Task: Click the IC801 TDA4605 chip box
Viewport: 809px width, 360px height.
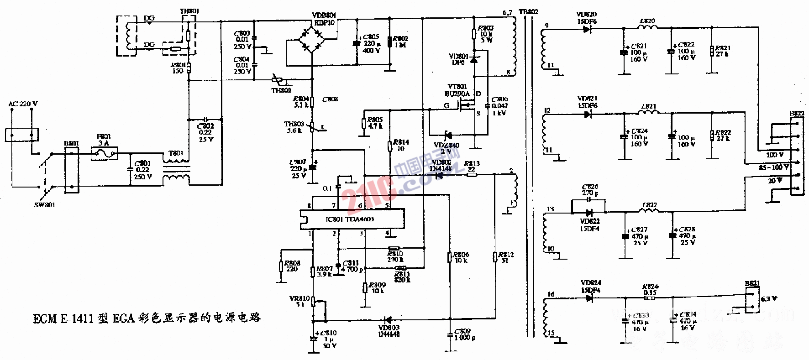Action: point(352,219)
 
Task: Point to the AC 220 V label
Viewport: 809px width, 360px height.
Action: point(23,104)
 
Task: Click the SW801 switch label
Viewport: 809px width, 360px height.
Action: point(45,205)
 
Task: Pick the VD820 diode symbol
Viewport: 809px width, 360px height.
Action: point(587,29)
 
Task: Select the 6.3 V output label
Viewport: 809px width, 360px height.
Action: point(769,299)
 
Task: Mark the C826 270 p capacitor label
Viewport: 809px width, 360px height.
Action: point(590,190)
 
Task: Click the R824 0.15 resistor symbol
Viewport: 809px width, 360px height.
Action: point(650,298)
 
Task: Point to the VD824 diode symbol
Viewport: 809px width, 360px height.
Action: point(589,298)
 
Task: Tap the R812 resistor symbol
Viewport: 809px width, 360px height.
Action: point(495,257)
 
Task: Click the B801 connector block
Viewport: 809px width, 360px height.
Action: point(71,170)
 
